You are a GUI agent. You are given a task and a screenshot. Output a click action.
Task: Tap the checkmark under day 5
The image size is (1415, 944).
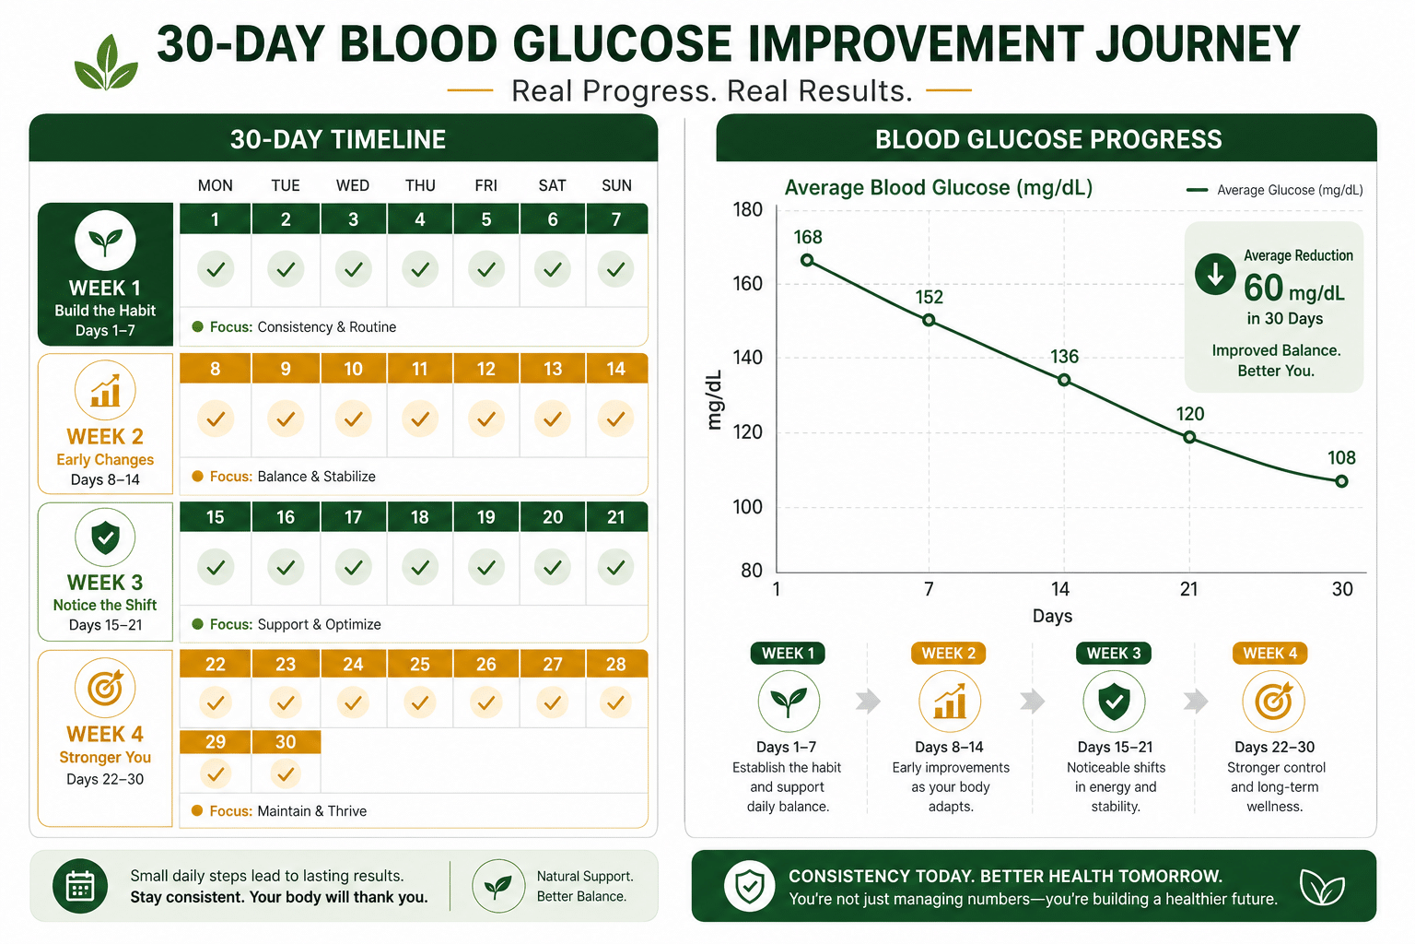(485, 269)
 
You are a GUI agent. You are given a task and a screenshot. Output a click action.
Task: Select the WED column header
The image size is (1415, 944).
(353, 185)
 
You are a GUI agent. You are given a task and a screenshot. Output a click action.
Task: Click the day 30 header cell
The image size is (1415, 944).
(286, 742)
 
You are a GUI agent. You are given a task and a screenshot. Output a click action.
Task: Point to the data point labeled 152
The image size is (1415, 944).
(929, 320)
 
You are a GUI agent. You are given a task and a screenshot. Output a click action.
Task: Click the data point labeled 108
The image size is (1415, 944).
(1341, 482)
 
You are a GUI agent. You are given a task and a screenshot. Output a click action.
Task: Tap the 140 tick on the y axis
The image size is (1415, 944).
(747, 358)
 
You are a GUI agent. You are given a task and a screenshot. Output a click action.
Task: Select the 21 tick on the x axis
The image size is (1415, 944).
(1189, 589)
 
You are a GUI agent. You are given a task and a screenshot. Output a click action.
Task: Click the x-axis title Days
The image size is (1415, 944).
(1052, 616)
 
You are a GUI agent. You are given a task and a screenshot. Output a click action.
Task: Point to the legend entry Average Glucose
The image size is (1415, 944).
(1275, 190)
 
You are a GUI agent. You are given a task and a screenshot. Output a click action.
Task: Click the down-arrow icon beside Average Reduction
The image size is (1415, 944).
(1215, 275)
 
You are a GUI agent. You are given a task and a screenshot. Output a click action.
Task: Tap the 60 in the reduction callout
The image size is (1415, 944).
(1263, 289)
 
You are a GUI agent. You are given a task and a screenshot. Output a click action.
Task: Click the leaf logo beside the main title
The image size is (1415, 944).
(106, 62)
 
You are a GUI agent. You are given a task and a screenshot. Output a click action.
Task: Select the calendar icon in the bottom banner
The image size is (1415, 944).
(80, 885)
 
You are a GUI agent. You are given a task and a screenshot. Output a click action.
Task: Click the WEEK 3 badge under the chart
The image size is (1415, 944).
(1114, 654)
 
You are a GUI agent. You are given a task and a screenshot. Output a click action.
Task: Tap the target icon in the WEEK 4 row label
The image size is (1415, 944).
(105, 688)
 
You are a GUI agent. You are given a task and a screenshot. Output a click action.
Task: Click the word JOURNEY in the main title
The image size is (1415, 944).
(1197, 44)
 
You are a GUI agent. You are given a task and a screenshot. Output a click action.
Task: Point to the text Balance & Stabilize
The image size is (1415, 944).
(317, 476)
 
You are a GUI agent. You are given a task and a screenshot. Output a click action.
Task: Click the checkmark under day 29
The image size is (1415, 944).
(216, 774)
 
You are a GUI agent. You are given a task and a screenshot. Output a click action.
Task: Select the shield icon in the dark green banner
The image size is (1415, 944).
(749, 886)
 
